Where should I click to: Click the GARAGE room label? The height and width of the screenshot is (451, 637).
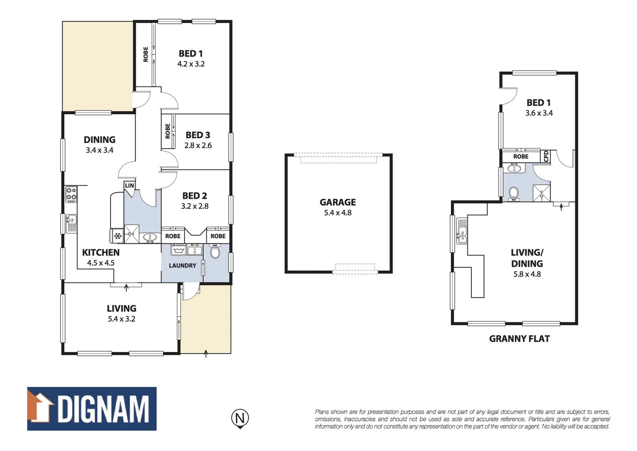337,202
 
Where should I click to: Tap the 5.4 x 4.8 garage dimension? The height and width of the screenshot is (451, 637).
337,213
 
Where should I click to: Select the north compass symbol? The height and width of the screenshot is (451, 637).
240,418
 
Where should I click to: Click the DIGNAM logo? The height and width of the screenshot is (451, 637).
92,409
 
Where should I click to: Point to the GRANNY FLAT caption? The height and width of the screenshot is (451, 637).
519,339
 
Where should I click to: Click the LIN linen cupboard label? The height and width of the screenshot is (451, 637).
129,185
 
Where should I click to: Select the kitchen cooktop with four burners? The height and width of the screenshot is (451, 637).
71,194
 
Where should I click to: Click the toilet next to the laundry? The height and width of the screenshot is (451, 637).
215,252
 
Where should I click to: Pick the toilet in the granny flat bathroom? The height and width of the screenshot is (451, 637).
514,193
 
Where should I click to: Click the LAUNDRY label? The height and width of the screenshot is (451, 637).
182,266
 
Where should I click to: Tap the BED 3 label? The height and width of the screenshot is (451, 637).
198,135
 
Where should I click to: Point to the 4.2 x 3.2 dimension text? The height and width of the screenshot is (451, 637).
191,64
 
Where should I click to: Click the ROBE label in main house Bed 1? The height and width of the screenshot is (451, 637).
146,54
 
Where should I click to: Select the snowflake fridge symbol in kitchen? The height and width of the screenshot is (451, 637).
117,236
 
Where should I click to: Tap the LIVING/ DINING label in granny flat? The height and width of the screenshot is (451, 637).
527,258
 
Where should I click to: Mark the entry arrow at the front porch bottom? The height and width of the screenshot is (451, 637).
206,353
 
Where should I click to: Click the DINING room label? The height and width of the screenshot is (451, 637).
99,139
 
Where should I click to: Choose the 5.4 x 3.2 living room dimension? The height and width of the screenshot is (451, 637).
121,319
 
